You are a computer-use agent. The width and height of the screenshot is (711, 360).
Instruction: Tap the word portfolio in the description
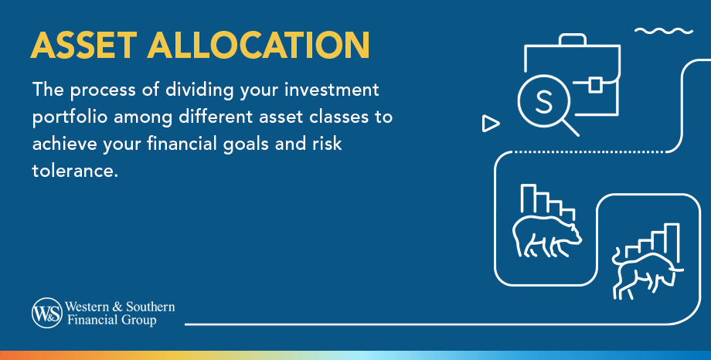tap(70, 119)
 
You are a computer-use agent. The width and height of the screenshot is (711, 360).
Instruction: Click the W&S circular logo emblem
tap(45, 313)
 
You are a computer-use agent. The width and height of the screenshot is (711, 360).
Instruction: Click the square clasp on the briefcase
tap(595, 83)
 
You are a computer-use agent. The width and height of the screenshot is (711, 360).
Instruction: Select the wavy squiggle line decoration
tap(664, 32)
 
